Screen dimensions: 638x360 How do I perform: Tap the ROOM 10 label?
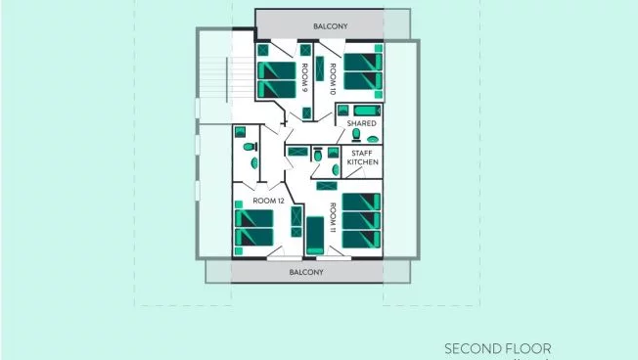coord(333,79)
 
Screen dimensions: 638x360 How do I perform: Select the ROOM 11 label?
coord(333,217)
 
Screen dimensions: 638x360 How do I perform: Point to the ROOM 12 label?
coord(268,201)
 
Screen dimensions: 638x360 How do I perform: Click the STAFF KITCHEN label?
coord(362,157)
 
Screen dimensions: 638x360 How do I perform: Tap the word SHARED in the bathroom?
coord(361,123)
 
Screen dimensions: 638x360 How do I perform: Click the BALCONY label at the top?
coord(331,26)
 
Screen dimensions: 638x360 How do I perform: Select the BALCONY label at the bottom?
coord(306,272)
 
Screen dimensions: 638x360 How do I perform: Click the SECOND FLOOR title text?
coord(498,349)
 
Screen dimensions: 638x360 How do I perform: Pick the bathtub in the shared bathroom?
coord(367,111)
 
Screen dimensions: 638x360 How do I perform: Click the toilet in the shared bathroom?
coord(356,135)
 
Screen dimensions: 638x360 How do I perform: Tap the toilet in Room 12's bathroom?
coord(249,147)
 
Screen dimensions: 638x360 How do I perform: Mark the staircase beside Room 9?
coord(226,80)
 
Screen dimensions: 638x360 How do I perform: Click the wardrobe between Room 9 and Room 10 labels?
coord(320,68)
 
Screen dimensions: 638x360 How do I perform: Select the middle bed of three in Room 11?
coord(361,220)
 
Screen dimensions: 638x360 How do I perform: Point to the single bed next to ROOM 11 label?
coord(315,236)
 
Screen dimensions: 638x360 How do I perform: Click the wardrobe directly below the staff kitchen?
coord(327,186)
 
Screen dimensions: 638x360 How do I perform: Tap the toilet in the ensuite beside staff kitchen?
coord(318,155)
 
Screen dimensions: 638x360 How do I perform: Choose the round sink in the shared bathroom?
coord(373,139)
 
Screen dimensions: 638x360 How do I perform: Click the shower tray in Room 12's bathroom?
coord(240,132)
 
